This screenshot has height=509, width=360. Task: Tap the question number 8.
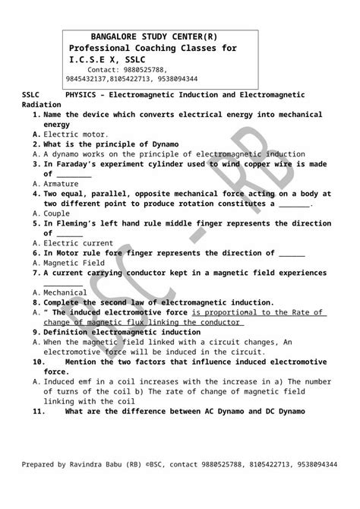[x=36, y=302]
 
